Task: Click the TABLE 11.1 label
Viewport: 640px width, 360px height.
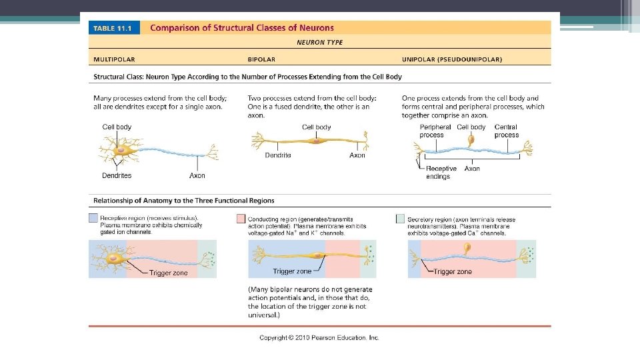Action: click(x=112, y=29)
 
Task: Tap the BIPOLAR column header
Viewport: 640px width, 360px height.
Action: click(x=261, y=59)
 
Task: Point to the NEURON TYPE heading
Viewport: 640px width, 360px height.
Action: click(x=319, y=41)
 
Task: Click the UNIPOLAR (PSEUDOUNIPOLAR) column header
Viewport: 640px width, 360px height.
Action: click(x=452, y=59)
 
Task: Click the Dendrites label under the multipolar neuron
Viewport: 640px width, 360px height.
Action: click(x=117, y=175)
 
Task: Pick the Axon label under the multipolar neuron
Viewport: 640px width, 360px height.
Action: click(x=197, y=175)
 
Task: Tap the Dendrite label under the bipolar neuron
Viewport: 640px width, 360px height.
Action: click(x=277, y=155)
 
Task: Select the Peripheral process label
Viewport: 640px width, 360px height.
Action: click(x=435, y=131)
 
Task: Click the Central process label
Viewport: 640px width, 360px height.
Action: click(x=506, y=131)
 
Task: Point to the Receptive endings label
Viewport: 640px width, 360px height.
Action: click(x=441, y=173)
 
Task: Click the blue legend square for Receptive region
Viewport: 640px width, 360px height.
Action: click(x=93, y=219)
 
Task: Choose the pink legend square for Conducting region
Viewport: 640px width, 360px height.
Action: click(x=241, y=219)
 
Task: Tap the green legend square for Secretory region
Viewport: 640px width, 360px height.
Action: click(x=400, y=219)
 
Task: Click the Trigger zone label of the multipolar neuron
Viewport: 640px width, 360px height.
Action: click(x=168, y=273)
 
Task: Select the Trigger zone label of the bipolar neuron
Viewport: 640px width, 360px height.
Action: click(x=292, y=271)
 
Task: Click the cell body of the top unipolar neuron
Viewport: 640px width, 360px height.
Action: click(x=471, y=140)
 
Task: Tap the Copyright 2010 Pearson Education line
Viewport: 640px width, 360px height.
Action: click(x=319, y=337)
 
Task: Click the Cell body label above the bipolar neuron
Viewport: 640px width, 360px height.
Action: click(x=316, y=127)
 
